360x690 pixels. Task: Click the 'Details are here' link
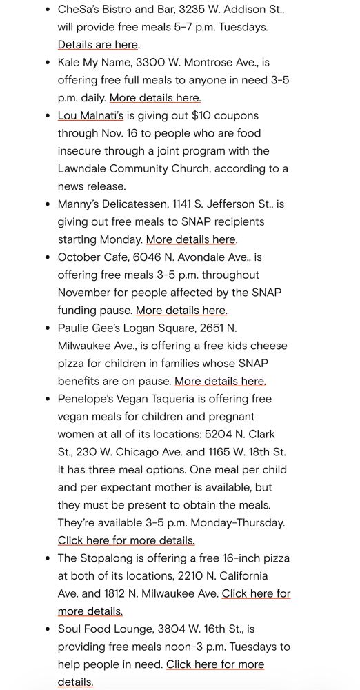(97, 45)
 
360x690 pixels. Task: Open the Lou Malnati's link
(90, 116)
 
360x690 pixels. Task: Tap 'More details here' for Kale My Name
(155, 98)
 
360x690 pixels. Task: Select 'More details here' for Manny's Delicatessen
(191, 239)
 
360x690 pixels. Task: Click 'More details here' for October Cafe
(181, 310)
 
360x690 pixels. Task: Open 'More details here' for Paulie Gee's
(220, 381)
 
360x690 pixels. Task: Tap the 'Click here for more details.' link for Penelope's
(126, 540)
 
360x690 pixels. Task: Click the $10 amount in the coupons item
(207, 116)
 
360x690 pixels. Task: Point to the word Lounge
(138, 629)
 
